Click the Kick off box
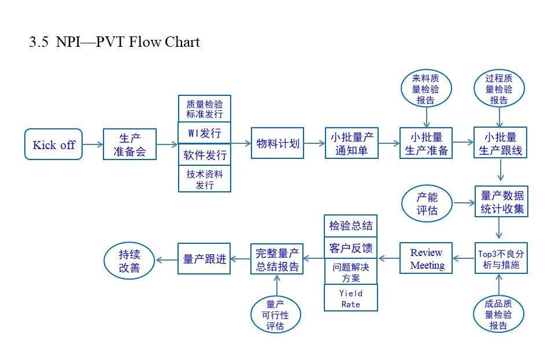[x=54, y=144]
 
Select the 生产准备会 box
[x=129, y=144]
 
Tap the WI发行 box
[x=205, y=133]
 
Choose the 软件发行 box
[x=205, y=155]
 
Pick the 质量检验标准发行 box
[x=205, y=108]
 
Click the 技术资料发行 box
[x=205, y=179]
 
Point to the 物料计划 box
[x=278, y=143]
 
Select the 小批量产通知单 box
[x=351, y=144]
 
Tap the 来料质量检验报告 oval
[x=427, y=89]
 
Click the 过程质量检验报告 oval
[x=499, y=89]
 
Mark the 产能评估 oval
[x=427, y=203]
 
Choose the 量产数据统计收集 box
[x=501, y=202]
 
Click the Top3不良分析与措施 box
[x=501, y=258]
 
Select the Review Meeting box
[x=427, y=259]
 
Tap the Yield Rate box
[x=351, y=298]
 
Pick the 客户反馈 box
[x=351, y=248]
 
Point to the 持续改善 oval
[x=129, y=261]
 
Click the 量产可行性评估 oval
[x=276, y=314]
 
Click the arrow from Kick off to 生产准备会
[x=92, y=144]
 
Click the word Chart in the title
[x=183, y=42]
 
